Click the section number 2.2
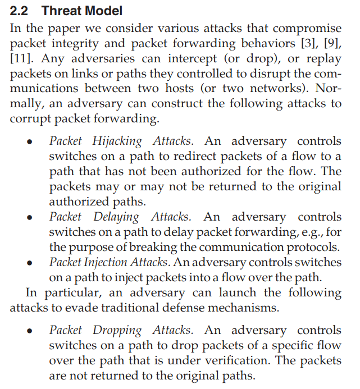click(21, 11)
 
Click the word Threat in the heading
click(62, 11)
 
